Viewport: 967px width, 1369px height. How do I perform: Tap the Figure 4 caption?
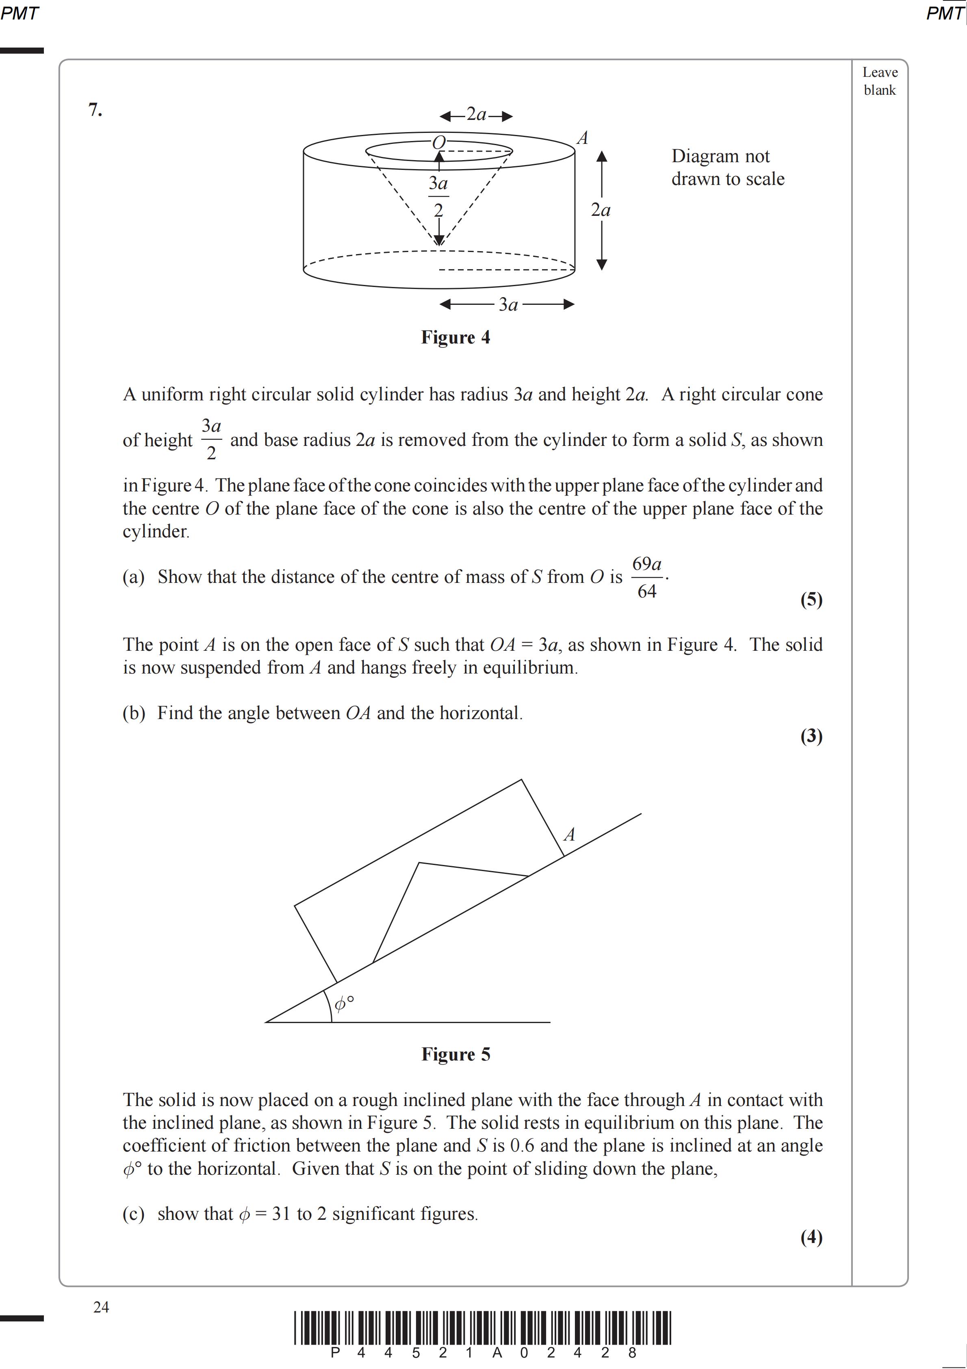click(455, 337)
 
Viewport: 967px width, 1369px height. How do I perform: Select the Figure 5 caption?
click(455, 1054)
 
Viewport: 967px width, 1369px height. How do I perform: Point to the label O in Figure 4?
click(439, 143)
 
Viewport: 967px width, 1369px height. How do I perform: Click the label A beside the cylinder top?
click(583, 138)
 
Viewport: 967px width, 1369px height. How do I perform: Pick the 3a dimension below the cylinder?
click(508, 305)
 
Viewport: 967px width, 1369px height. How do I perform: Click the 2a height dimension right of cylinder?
click(601, 210)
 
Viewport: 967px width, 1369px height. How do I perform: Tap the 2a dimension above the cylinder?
click(476, 115)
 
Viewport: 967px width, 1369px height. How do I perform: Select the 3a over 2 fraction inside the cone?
click(438, 197)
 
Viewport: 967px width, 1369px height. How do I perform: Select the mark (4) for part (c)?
click(811, 1237)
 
